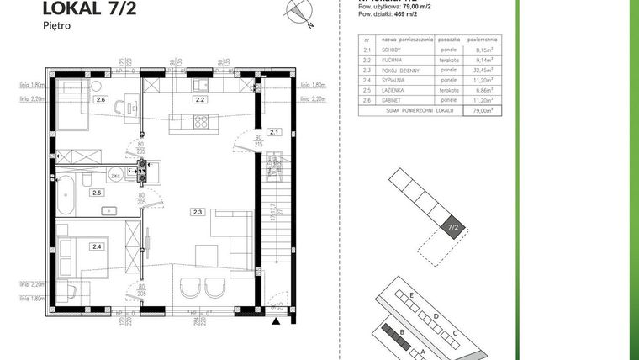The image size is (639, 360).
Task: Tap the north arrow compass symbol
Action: click(x=299, y=11)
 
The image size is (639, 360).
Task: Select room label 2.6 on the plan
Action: click(x=101, y=100)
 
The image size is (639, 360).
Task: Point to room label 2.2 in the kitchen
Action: click(x=200, y=100)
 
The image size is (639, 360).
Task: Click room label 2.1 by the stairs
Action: click(x=272, y=132)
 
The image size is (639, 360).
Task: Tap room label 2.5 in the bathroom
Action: click(x=97, y=193)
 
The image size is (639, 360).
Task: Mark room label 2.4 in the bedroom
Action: click(x=97, y=246)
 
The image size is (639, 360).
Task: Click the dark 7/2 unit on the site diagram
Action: click(x=452, y=227)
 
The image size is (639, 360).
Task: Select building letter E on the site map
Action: click(x=412, y=296)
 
